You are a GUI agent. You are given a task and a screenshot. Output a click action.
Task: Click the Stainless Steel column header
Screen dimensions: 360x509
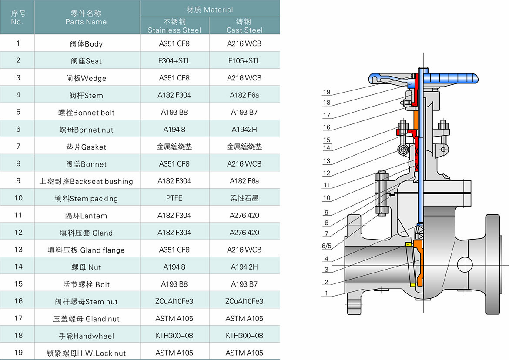[174, 26]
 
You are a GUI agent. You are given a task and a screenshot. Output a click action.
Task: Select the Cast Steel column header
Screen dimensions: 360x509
[244, 26]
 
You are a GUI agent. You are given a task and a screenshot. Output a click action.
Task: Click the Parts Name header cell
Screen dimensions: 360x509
[86, 18]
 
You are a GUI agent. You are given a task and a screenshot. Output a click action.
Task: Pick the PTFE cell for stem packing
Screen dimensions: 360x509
[174, 198]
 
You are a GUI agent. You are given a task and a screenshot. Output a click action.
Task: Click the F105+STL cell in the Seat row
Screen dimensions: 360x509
[244, 61]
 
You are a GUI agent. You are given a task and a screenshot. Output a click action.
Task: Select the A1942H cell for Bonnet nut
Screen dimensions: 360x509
[244, 130]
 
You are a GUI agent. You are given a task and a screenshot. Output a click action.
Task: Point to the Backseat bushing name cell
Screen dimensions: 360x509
[86, 181]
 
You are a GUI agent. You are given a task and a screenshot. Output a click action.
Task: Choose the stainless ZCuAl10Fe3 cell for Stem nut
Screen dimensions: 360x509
[174, 301]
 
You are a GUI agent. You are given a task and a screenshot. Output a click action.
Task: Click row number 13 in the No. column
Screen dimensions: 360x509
[18, 250]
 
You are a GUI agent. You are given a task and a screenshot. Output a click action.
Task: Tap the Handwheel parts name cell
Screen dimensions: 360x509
[86, 336]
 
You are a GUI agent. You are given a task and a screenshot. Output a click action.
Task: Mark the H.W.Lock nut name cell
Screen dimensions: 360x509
[86, 353]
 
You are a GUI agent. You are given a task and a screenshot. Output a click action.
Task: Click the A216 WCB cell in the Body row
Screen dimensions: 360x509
[244, 43]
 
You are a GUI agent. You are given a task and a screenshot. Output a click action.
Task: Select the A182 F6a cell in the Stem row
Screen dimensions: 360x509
[244, 95]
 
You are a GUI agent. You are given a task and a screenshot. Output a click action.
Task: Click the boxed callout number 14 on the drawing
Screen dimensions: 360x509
[327, 148]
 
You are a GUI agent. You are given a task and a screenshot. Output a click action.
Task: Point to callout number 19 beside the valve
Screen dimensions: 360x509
[327, 92]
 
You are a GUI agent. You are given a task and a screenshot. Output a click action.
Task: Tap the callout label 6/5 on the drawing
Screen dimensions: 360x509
[327, 246]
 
